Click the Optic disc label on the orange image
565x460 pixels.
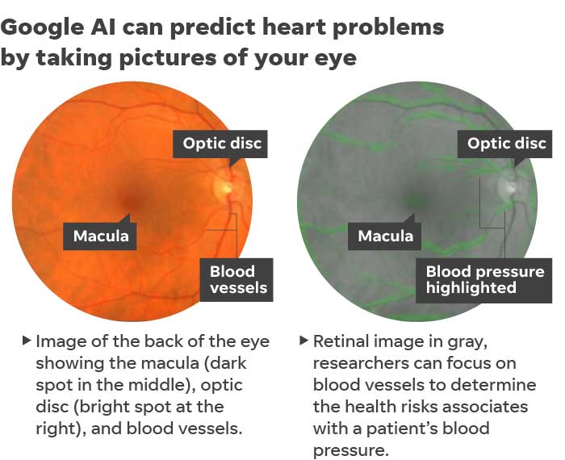220,144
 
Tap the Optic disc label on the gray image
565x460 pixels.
504,144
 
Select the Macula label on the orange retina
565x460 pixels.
100,236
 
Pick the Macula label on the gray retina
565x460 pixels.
384,236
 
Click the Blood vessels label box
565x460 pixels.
236,280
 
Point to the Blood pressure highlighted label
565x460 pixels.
484,280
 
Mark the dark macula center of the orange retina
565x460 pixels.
132,201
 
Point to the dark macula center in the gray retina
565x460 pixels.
416,201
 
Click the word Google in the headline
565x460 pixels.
43,28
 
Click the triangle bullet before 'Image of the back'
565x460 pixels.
27,340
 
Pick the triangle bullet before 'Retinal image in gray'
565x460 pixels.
303,340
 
